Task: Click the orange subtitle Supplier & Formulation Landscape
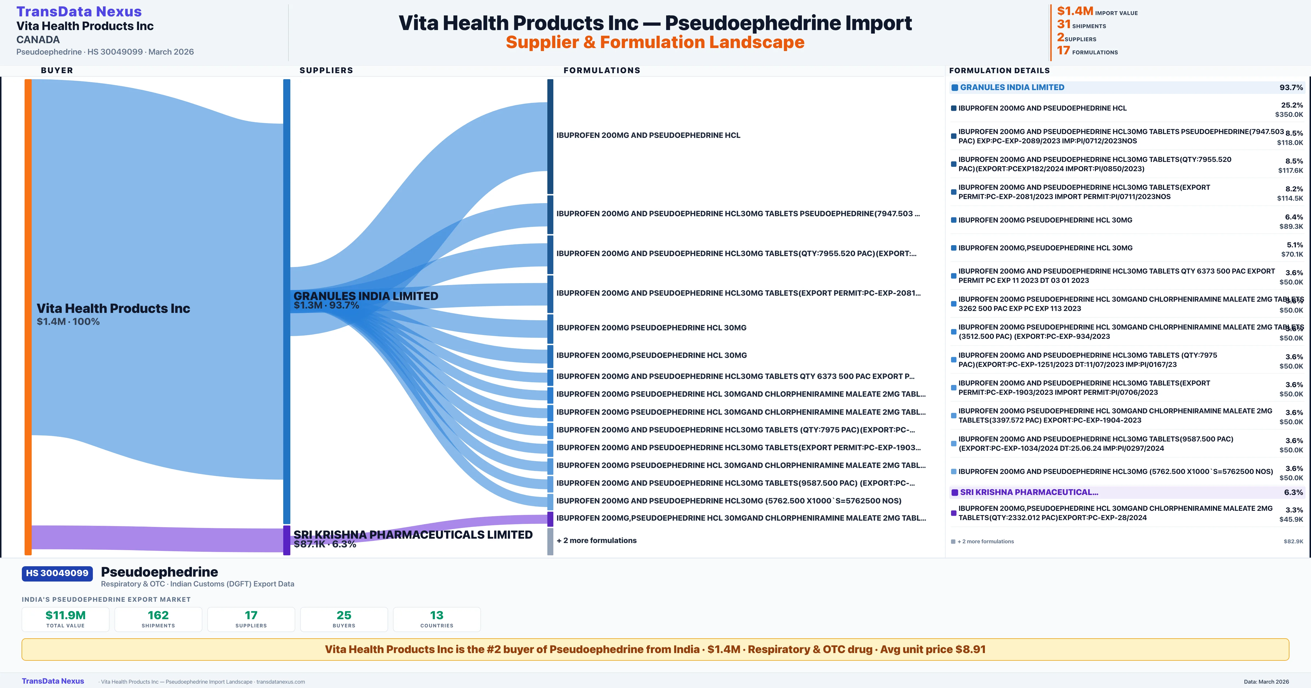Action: pos(655,42)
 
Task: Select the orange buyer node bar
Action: pos(28,316)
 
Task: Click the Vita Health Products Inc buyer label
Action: pos(113,309)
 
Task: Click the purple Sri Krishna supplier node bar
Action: pos(287,540)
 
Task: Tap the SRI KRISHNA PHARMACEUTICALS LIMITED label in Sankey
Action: pos(413,534)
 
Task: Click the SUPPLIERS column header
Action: pos(326,70)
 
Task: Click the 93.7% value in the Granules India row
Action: pos(1291,88)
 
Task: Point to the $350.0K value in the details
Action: pos(1289,114)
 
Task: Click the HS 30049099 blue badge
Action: pos(57,573)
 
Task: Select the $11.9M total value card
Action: pos(66,619)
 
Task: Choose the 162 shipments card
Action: pos(158,619)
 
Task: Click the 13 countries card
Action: pos(437,619)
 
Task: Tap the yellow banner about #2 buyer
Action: pos(655,649)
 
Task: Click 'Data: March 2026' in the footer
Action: pos(1266,681)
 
